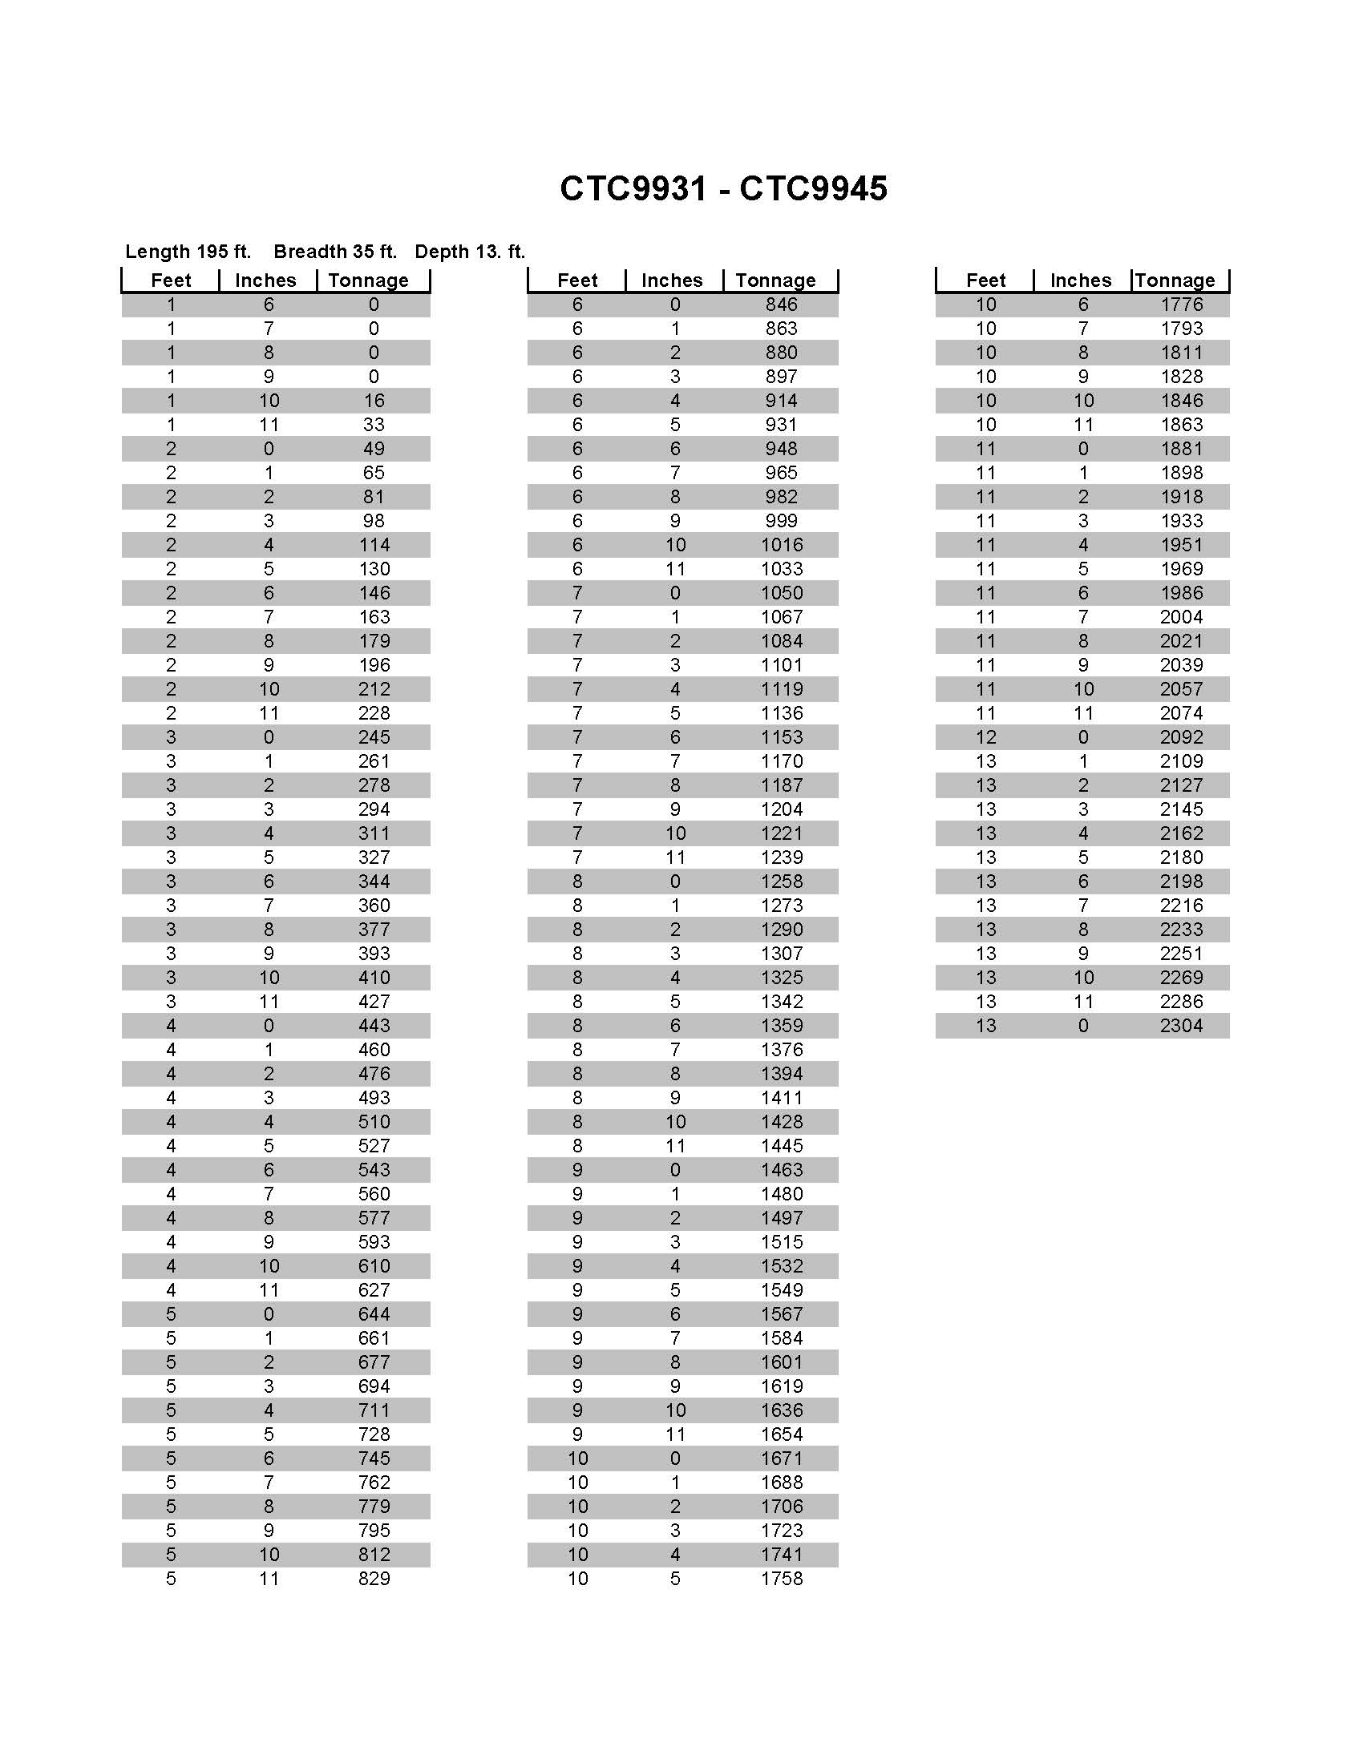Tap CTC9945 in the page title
point(813,189)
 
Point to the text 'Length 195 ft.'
point(188,252)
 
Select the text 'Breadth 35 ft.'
point(335,252)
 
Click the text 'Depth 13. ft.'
point(470,252)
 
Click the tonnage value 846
point(781,305)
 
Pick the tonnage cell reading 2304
point(1180,1026)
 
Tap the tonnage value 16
point(374,401)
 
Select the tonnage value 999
point(781,522)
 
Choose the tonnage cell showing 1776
point(1180,305)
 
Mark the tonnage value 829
point(374,1579)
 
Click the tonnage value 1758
point(781,1579)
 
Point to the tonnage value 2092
point(1180,738)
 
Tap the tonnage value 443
point(374,1026)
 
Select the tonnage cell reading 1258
point(781,881)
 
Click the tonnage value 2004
point(1180,618)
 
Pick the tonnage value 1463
point(781,1171)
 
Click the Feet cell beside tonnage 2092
point(985,738)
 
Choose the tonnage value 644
point(374,1315)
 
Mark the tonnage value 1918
point(1180,498)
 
